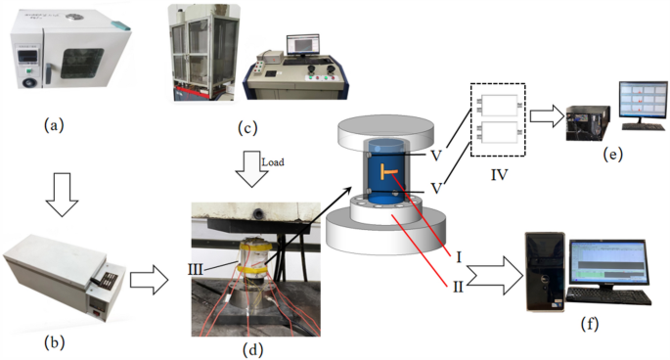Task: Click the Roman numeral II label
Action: [x=460, y=286]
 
